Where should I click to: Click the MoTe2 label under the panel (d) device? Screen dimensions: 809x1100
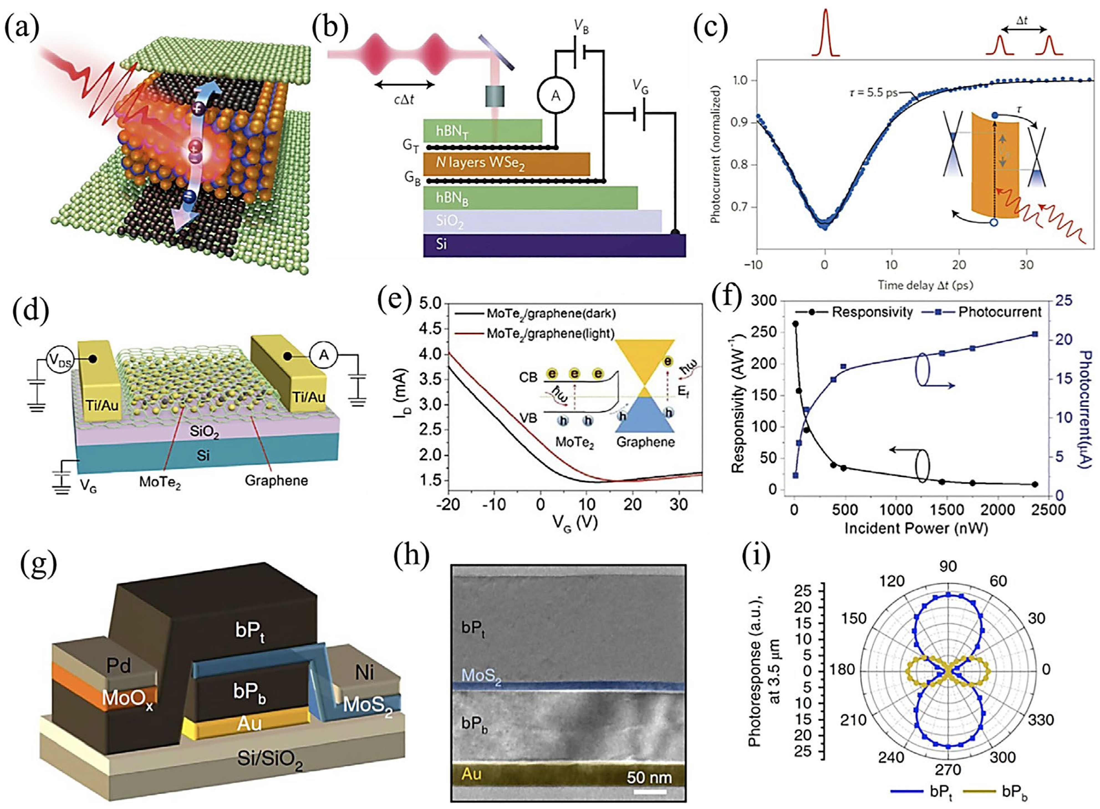[160, 481]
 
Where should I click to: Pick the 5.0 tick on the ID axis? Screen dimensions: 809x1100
[431, 304]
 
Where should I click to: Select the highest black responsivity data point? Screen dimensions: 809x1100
[795, 324]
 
